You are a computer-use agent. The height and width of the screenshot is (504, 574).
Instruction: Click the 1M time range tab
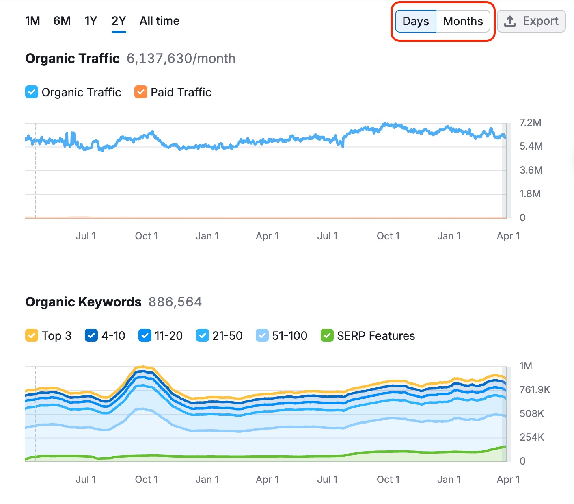click(x=32, y=21)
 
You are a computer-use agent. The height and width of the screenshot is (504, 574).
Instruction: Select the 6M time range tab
click(x=62, y=21)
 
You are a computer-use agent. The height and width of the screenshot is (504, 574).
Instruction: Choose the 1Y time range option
click(x=91, y=21)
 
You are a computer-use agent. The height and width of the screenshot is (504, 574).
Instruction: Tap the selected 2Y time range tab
click(x=119, y=21)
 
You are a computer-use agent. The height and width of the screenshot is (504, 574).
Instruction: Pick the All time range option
click(x=159, y=21)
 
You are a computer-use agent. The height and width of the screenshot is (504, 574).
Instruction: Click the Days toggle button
click(x=416, y=21)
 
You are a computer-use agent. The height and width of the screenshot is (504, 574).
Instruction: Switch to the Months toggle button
click(x=463, y=21)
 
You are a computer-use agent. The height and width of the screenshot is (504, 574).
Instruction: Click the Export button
click(x=531, y=21)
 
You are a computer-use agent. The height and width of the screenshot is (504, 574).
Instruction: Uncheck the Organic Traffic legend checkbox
click(x=32, y=92)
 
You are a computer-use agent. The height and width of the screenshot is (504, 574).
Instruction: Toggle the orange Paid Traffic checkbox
click(x=141, y=92)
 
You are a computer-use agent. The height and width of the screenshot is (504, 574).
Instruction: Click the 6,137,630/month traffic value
click(x=181, y=59)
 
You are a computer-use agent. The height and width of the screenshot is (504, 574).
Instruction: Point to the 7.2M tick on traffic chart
click(x=530, y=122)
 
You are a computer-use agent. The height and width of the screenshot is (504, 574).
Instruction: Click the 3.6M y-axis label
click(x=531, y=170)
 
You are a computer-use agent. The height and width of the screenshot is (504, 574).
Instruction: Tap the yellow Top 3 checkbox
click(x=32, y=336)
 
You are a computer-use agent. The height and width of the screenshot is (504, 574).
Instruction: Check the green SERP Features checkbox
click(x=327, y=336)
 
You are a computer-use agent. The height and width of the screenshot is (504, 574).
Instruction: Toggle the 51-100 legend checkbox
click(x=262, y=336)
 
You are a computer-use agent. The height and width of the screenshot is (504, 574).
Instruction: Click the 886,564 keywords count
click(x=175, y=302)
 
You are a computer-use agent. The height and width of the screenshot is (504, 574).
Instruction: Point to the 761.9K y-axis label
click(x=535, y=390)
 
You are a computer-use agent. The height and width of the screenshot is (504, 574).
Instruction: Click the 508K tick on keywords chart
click(x=531, y=414)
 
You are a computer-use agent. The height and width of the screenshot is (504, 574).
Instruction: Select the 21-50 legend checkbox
click(x=202, y=336)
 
